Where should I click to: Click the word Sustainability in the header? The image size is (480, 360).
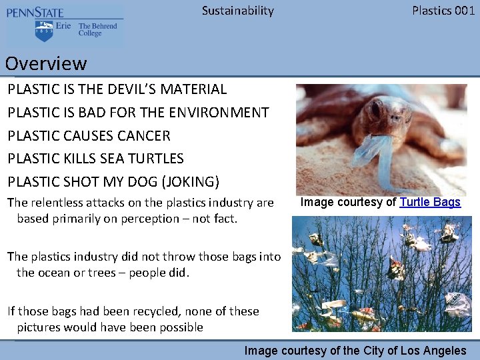pyautogui.click(x=237, y=11)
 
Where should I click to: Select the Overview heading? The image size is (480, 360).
pyautogui.click(x=46, y=64)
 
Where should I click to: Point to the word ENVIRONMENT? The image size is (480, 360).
pyautogui.click(x=215, y=113)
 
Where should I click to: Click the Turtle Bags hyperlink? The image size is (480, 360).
pyautogui.click(x=430, y=202)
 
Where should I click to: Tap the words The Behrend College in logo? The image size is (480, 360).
pyautogui.click(x=97, y=30)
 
